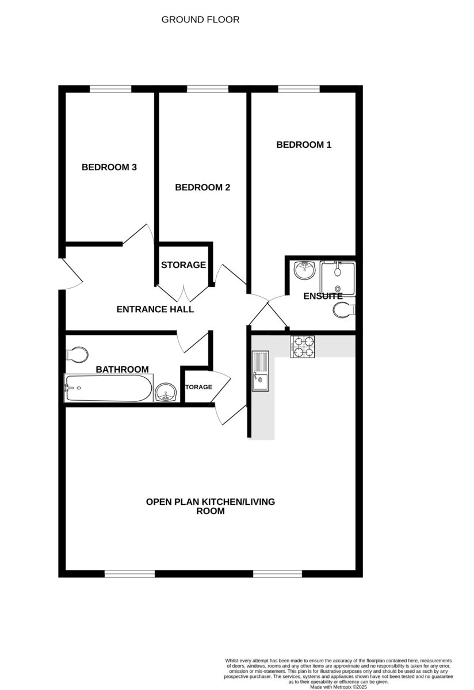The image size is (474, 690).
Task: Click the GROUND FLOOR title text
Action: (x=200, y=20)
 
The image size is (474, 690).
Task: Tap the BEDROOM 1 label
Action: (x=304, y=145)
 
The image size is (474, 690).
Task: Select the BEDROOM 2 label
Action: (x=202, y=187)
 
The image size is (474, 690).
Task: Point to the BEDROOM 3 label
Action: (x=109, y=168)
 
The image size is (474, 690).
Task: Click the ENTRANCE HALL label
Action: (x=155, y=309)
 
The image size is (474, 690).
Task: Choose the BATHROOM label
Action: (x=122, y=370)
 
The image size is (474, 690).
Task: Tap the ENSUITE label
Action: (x=323, y=297)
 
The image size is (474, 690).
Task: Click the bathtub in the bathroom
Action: (x=108, y=388)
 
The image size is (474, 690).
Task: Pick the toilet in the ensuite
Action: (x=345, y=310)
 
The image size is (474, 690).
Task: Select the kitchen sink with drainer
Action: (x=261, y=371)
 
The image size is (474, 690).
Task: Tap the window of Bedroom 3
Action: (x=110, y=89)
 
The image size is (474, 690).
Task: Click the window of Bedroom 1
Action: (x=299, y=89)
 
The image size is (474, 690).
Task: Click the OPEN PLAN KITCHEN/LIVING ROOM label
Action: (x=210, y=506)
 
